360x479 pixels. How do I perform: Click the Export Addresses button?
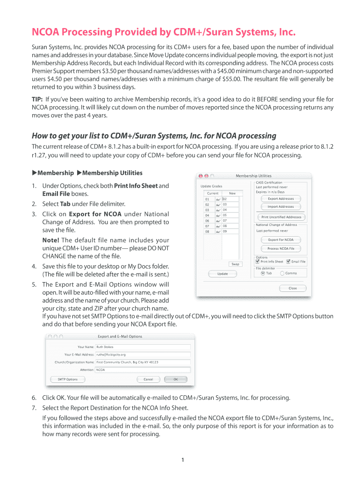[x=281, y=199]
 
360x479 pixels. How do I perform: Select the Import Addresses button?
[x=281, y=207]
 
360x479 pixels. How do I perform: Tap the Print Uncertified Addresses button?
[x=281, y=217]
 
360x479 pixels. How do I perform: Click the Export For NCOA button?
[x=281, y=240]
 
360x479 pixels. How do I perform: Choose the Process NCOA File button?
[x=281, y=249]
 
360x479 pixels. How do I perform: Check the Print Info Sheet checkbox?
[x=258, y=261]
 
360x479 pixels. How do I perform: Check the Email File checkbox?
[x=288, y=261]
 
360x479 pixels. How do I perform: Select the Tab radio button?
[x=263, y=273]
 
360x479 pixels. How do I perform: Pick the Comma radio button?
[x=282, y=273]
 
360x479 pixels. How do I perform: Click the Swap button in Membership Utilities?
[x=235, y=264]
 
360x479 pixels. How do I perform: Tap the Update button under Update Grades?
[x=223, y=274]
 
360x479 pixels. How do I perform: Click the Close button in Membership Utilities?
[x=292, y=288]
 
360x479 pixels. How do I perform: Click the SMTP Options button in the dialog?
[x=68, y=379]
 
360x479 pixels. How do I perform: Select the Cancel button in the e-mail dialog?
[x=148, y=379]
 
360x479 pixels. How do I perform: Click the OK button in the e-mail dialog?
[x=176, y=379]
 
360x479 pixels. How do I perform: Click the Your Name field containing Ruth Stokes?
[x=143, y=347]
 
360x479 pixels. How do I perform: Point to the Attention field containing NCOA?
[x=143, y=370]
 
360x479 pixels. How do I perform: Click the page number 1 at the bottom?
[x=183, y=460]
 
